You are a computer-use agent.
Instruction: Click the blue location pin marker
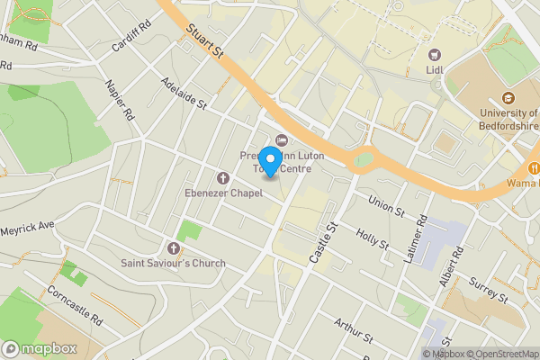[269, 159]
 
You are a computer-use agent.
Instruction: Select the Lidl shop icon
[435, 55]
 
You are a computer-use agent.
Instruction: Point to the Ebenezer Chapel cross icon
[223, 176]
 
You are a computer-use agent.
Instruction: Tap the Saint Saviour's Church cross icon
[174, 247]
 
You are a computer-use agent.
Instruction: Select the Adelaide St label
[184, 93]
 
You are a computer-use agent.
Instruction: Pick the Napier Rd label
[119, 101]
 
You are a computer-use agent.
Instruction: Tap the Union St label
[387, 205]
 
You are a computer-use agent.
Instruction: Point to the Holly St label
[372, 238]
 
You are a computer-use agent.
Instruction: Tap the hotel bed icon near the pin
[282, 139]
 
